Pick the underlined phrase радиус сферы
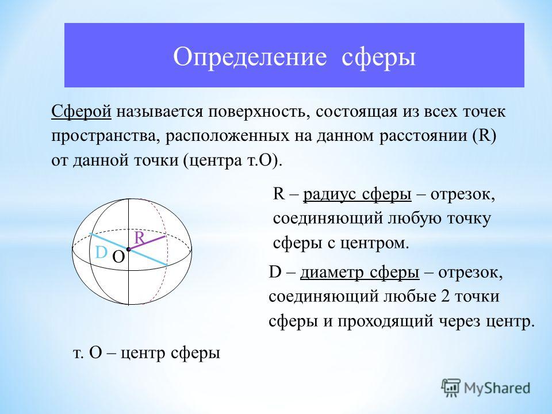[x=357, y=195]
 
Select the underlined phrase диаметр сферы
[x=360, y=273]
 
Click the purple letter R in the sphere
[x=139, y=238]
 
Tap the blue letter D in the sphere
[x=101, y=252]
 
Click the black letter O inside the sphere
[x=118, y=258]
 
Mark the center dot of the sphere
[x=128, y=249]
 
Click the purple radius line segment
[x=147, y=243]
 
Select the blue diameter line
[x=128, y=249]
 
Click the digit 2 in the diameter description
[x=445, y=296]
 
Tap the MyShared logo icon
[x=451, y=388]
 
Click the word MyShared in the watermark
[x=497, y=388]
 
